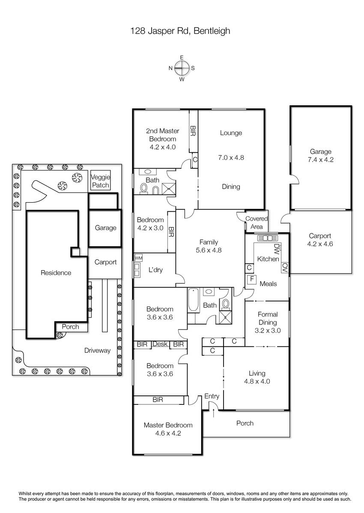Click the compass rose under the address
coord(182,68)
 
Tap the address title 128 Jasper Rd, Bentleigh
coord(180,31)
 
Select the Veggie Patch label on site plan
coord(101,181)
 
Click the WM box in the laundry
coord(138,258)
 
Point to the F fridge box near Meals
coord(252,280)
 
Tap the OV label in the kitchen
coord(285,267)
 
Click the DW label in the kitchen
coord(276,249)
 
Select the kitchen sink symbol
coord(268,238)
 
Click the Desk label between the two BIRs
coord(160,344)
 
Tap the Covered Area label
coord(257,223)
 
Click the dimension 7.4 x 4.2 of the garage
coord(321,159)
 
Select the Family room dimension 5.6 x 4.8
coord(209,250)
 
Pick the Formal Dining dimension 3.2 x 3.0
coord(268,330)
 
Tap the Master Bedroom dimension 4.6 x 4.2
coord(168,433)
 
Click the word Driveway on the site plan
coord(97,351)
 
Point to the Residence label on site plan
coord(56,273)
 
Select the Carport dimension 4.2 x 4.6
coord(320,244)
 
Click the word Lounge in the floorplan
coord(231,133)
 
